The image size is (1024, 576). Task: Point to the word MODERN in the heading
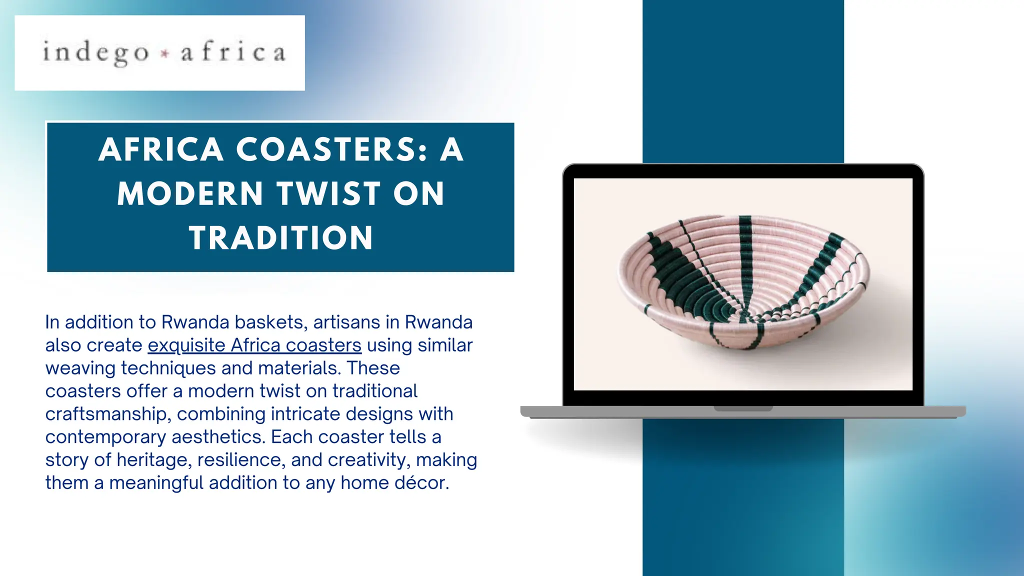[190, 193]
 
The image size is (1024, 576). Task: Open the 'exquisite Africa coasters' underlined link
[254, 345]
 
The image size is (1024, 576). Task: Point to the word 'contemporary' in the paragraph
[105, 437]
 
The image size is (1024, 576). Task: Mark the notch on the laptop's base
[743, 409]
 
